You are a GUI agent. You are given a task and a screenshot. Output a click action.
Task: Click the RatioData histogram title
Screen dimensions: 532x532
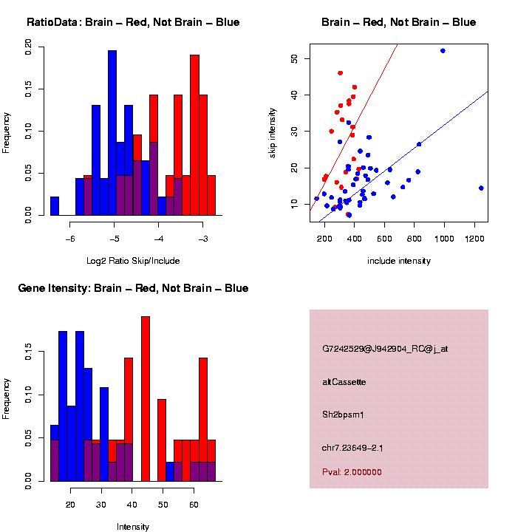click(133, 22)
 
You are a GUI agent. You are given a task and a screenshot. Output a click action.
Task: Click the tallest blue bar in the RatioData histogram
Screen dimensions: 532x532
click(112, 133)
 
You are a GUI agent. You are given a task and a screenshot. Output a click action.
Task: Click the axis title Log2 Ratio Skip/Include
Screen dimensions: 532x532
click(133, 260)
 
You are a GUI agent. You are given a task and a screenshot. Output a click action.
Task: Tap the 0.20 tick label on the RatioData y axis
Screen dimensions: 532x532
click(28, 49)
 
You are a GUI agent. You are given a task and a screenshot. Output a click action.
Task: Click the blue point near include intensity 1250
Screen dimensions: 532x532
click(481, 188)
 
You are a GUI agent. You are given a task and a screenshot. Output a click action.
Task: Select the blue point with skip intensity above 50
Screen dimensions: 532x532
click(443, 50)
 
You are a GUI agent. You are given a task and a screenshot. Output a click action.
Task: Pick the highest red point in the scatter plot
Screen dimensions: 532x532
click(340, 73)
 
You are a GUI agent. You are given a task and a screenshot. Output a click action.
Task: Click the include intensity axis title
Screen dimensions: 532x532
click(399, 260)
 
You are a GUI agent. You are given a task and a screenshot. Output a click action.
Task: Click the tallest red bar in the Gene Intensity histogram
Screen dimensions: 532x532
click(146, 399)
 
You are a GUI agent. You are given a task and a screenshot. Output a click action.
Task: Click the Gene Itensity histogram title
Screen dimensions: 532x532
click(133, 288)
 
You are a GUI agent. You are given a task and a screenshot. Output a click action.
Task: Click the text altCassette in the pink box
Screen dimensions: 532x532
click(344, 382)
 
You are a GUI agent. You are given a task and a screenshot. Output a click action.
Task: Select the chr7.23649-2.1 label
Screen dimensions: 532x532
click(353, 448)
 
